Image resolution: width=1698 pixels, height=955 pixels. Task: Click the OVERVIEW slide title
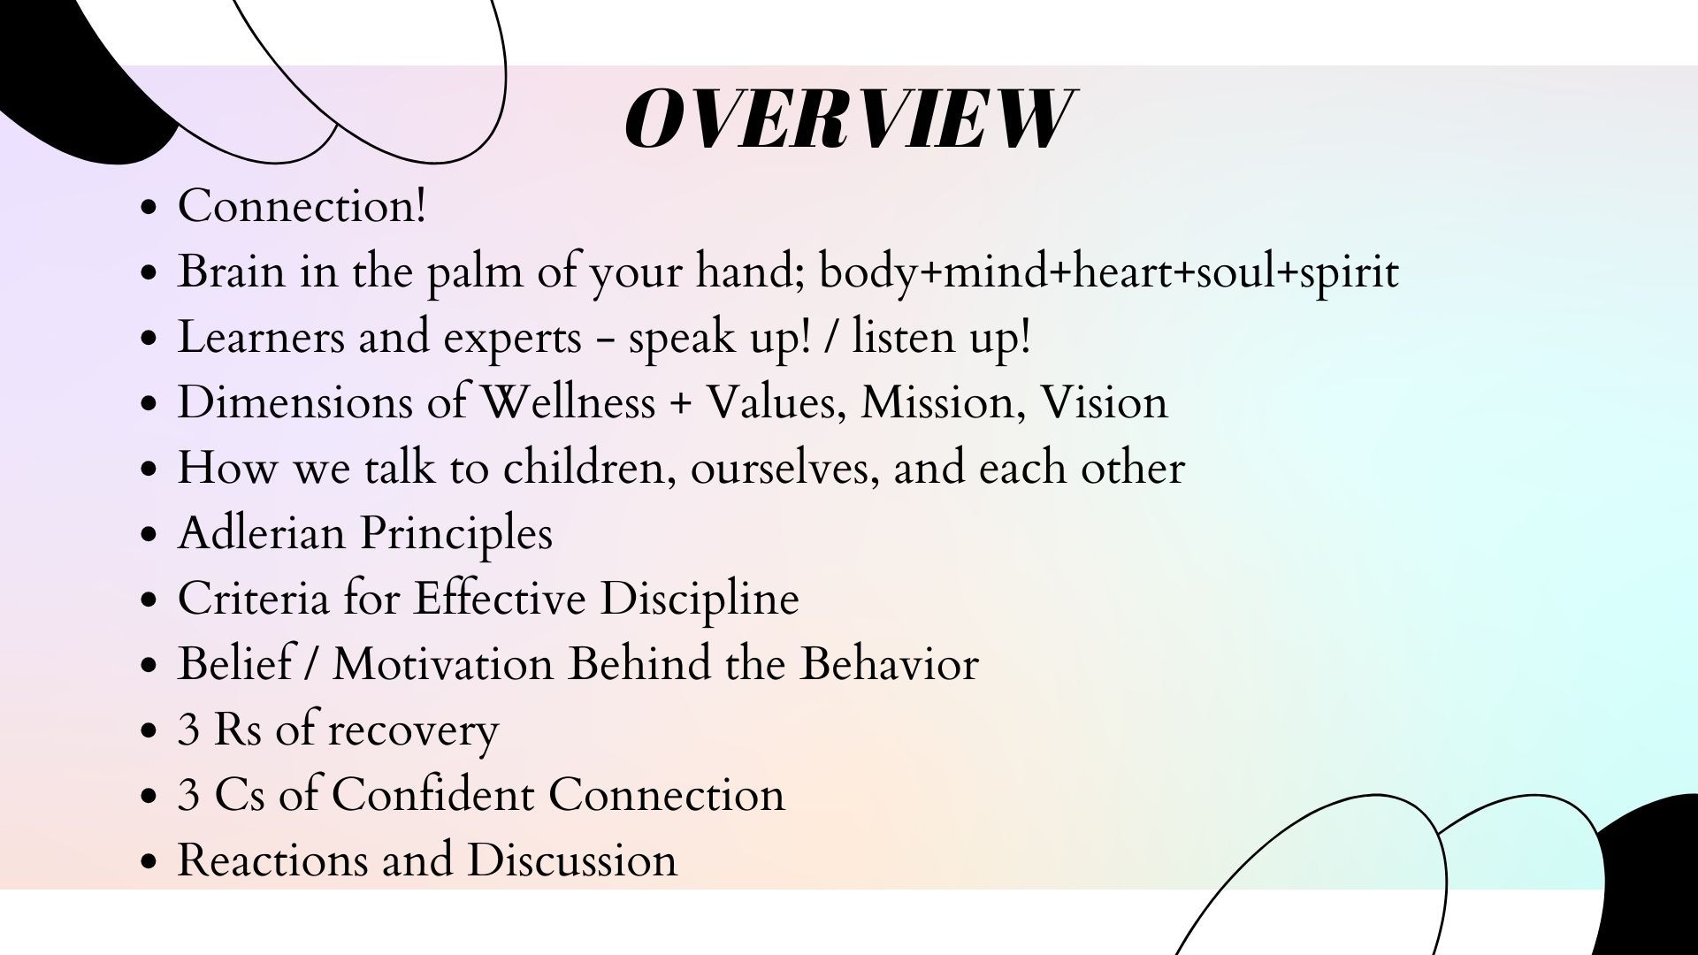[847, 119]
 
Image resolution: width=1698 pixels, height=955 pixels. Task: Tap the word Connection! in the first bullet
[302, 206]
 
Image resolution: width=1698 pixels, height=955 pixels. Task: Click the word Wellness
[567, 402]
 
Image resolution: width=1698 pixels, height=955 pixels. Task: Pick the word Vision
[1104, 402]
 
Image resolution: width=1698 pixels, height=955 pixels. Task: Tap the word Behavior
[889, 664]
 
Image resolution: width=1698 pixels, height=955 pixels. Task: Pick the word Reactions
[272, 859]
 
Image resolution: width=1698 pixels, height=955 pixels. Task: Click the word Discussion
[572, 859]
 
